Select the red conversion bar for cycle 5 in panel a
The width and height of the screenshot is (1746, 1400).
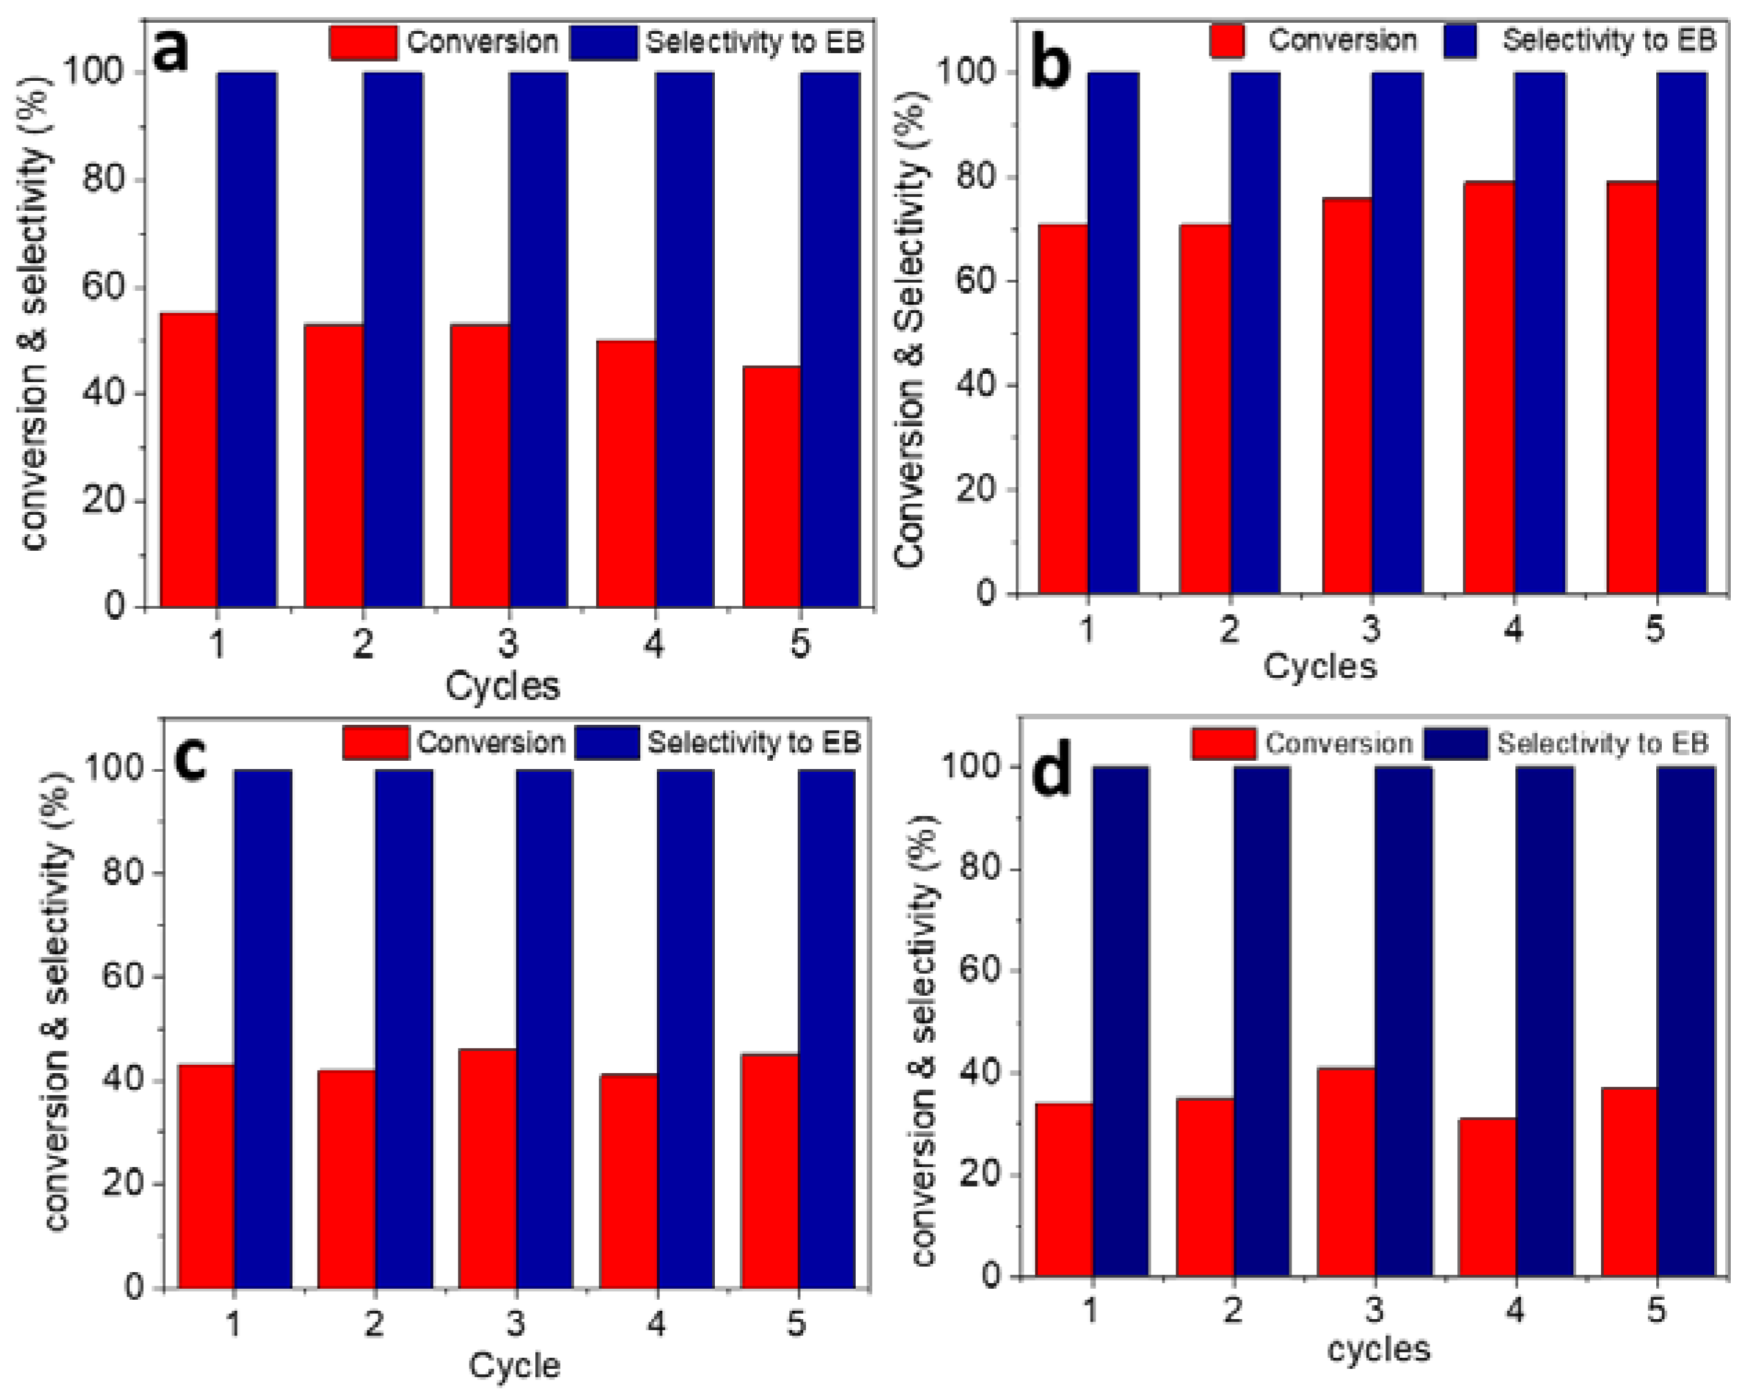click(x=771, y=486)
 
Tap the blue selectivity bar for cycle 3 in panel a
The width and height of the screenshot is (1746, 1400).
click(x=539, y=340)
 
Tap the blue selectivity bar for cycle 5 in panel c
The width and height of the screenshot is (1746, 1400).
click(x=826, y=1029)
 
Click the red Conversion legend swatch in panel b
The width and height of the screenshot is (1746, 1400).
click(x=1227, y=41)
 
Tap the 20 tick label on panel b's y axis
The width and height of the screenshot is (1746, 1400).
click(x=975, y=490)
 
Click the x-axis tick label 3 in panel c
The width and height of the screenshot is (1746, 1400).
click(x=515, y=1324)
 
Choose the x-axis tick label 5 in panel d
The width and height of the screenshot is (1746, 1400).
click(x=1656, y=1310)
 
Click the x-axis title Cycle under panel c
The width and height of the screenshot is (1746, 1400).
click(x=515, y=1366)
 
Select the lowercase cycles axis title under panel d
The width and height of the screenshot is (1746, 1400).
click(x=1379, y=1350)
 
